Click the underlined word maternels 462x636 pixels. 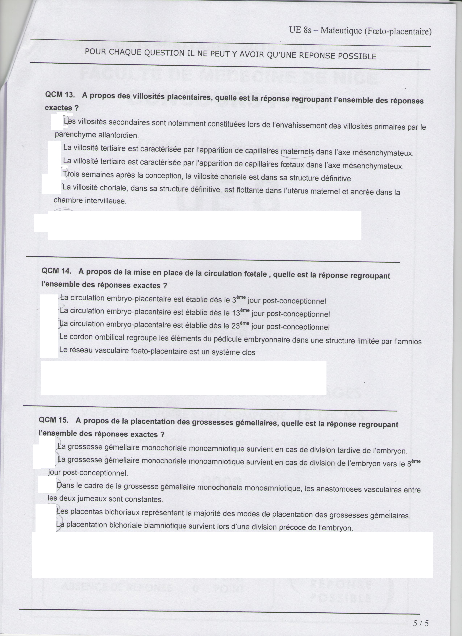pyautogui.click(x=297, y=152)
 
